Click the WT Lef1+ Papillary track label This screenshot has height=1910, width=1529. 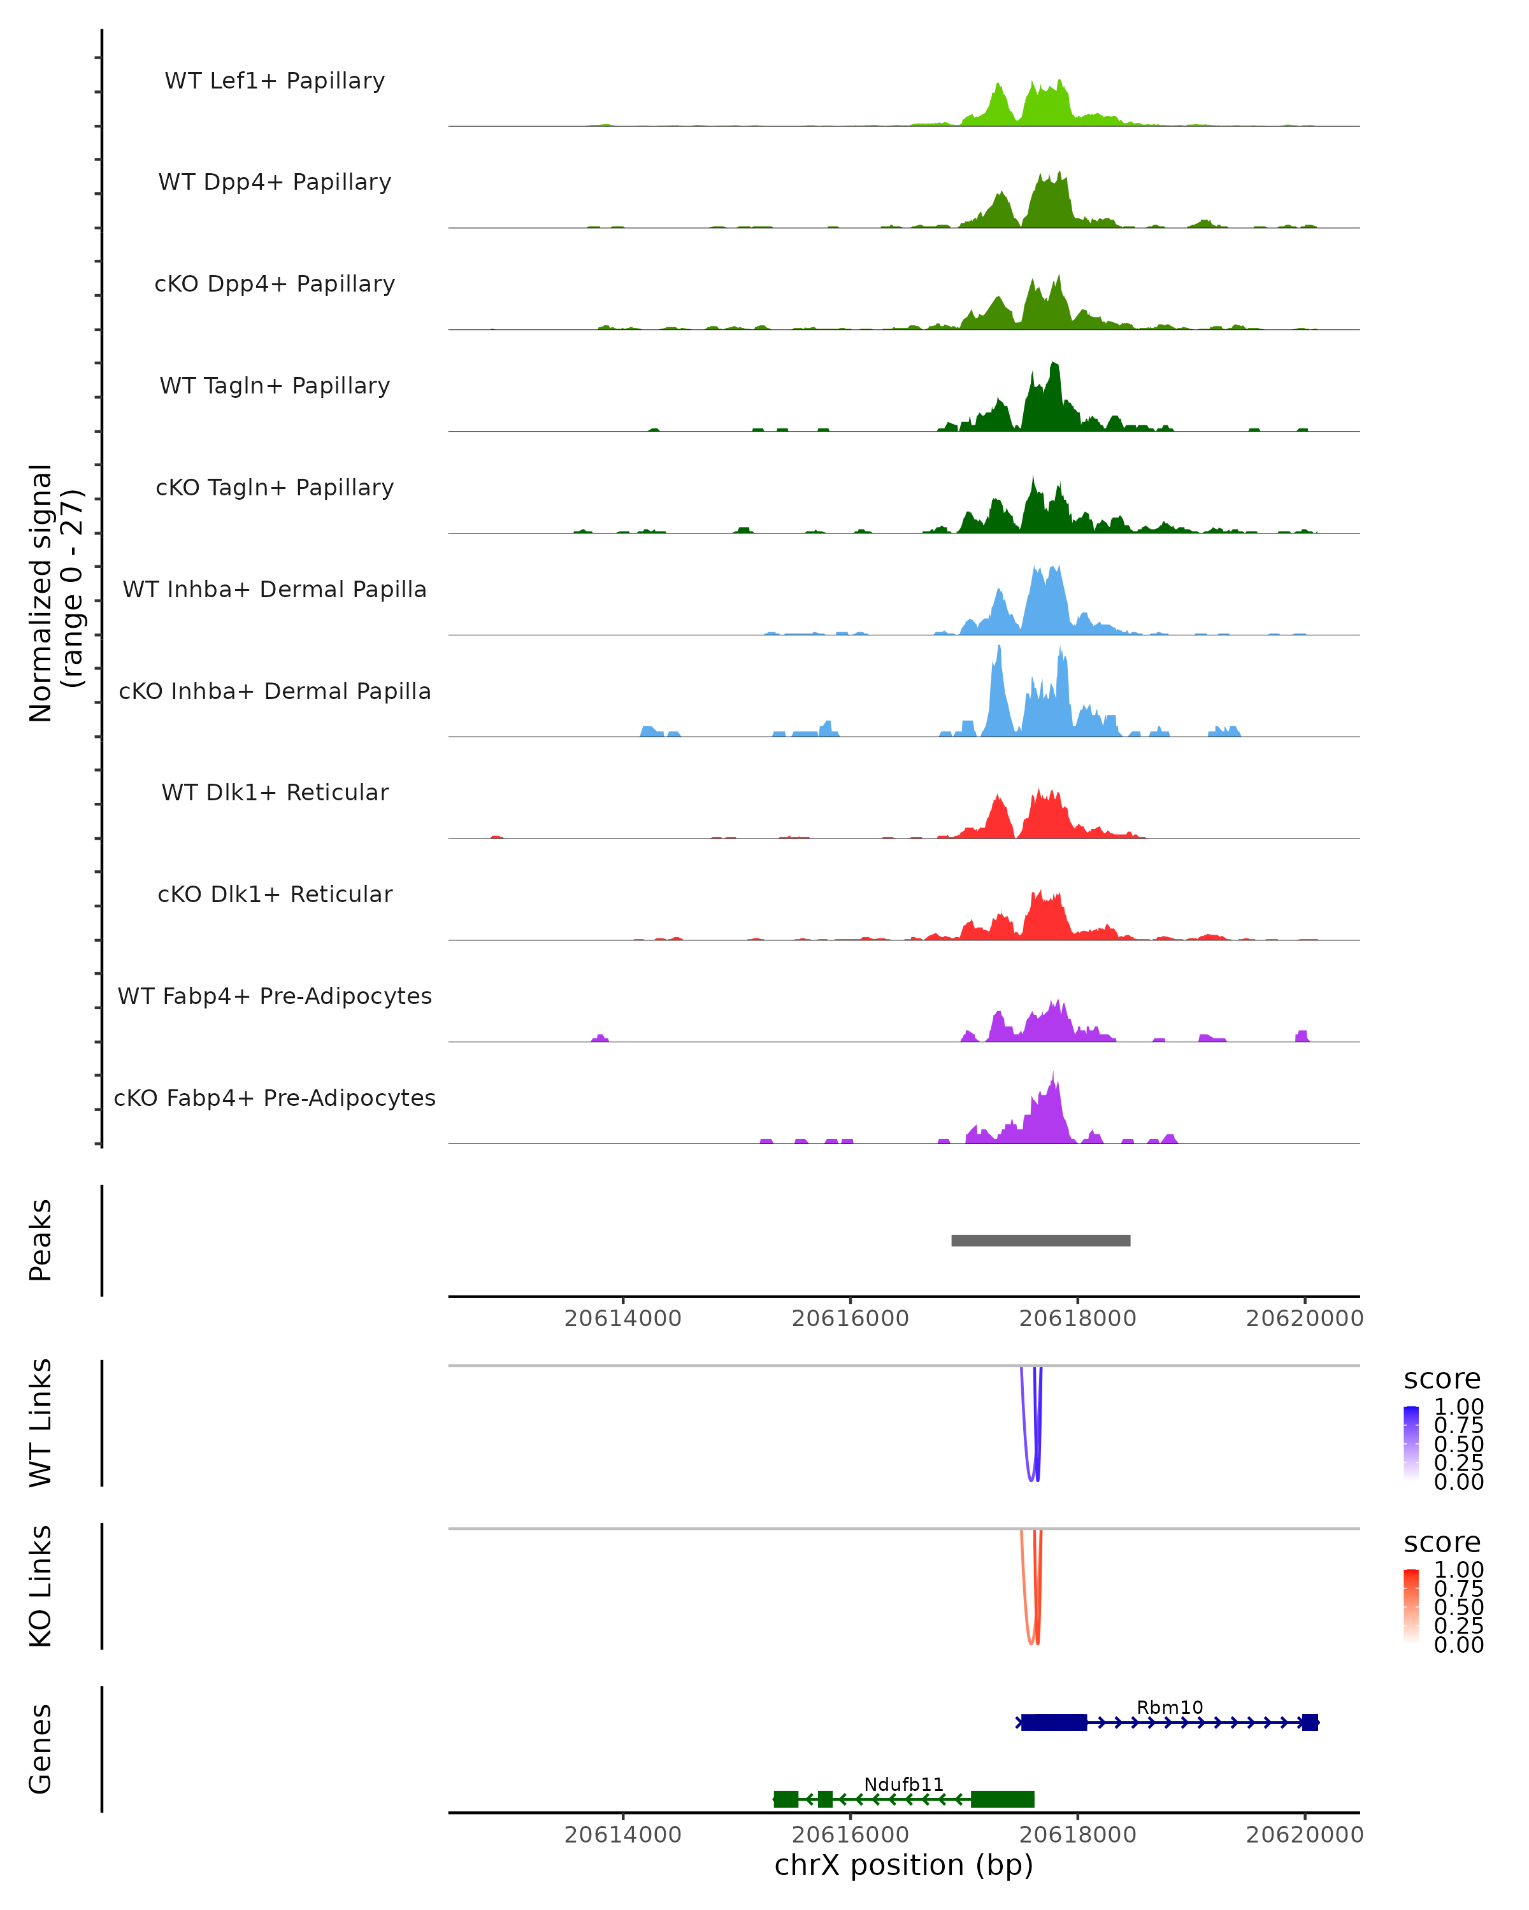click(x=275, y=81)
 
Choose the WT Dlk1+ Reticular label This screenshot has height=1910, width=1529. click(x=275, y=792)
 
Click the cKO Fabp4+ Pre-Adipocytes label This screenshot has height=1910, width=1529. click(x=275, y=1098)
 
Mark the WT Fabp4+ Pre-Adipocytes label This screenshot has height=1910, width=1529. click(x=275, y=996)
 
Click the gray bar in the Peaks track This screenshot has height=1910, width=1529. click(x=1040, y=1240)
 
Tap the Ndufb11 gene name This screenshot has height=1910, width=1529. click(x=903, y=1784)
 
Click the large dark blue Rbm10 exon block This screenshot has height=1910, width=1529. click(x=1054, y=1722)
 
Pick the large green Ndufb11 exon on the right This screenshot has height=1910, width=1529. click(x=1003, y=1799)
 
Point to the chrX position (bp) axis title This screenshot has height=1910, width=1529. click(x=903, y=1865)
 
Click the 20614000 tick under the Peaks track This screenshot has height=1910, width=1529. click(x=622, y=1319)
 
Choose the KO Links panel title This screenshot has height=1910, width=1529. click(x=40, y=1586)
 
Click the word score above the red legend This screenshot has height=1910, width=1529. click(x=1441, y=1543)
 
